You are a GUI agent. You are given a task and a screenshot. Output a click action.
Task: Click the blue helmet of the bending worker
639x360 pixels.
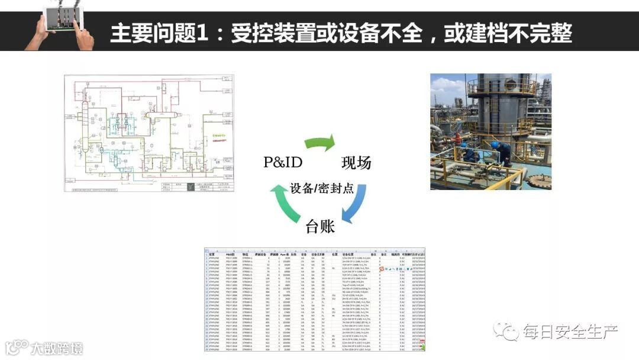pos(495,144)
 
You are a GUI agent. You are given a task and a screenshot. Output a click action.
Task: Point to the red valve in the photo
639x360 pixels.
pos(457,138)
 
